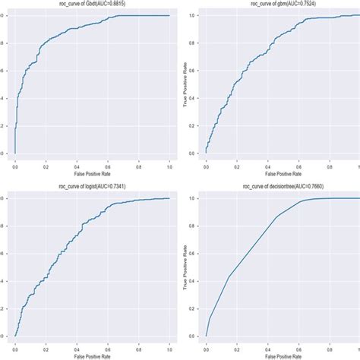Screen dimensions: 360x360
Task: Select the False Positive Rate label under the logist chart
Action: (92, 355)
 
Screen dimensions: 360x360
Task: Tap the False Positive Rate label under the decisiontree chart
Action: (282, 355)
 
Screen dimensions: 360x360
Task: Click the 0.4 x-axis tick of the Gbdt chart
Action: (77, 164)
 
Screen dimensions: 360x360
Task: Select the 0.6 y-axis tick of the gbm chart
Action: (196, 71)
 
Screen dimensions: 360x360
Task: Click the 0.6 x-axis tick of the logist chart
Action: (107, 346)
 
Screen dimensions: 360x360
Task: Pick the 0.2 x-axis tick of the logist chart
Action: (46, 346)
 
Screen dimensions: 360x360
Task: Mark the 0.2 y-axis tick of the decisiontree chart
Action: (196, 308)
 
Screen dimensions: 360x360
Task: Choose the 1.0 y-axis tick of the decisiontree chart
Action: (196, 198)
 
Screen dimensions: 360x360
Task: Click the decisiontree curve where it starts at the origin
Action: (206, 336)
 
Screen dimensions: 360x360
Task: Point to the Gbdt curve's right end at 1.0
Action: (169, 15)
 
